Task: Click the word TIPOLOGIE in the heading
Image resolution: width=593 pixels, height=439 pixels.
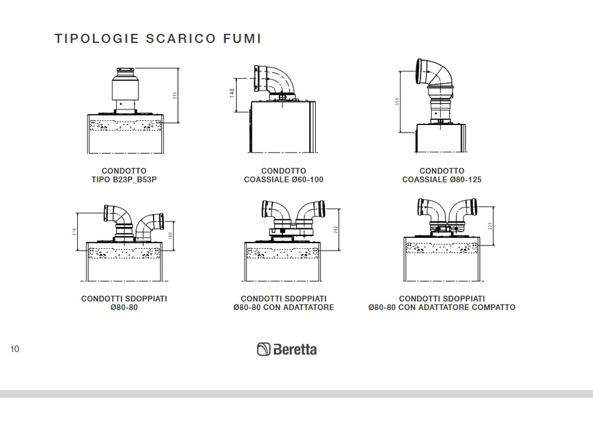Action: click(x=97, y=38)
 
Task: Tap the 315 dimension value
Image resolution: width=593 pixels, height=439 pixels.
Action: click(x=175, y=95)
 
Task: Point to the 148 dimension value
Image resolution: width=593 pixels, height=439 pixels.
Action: click(x=232, y=93)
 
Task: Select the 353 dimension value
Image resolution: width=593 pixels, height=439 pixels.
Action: click(x=397, y=101)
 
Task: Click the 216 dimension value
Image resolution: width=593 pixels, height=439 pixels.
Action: click(x=74, y=231)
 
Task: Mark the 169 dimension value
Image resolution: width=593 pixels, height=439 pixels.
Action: click(x=170, y=235)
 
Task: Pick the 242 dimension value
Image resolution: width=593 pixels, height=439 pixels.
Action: click(x=336, y=229)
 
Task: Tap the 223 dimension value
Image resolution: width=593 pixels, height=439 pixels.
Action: click(x=490, y=226)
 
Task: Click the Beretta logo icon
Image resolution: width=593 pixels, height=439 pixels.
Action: click(x=263, y=349)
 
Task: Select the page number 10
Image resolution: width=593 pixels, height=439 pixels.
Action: click(x=15, y=349)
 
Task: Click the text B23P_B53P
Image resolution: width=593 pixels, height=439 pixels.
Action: click(x=135, y=180)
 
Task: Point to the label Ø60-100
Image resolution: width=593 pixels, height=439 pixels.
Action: click(x=308, y=180)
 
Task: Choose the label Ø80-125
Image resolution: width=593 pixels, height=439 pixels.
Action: click(x=466, y=180)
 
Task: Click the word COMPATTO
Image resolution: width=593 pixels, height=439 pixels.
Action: click(x=494, y=308)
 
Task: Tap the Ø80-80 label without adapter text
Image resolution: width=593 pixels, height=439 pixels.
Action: click(x=124, y=308)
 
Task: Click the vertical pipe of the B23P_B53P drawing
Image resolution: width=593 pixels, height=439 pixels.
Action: click(x=125, y=90)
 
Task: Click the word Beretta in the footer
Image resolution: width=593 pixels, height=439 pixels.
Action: click(x=295, y=349)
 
